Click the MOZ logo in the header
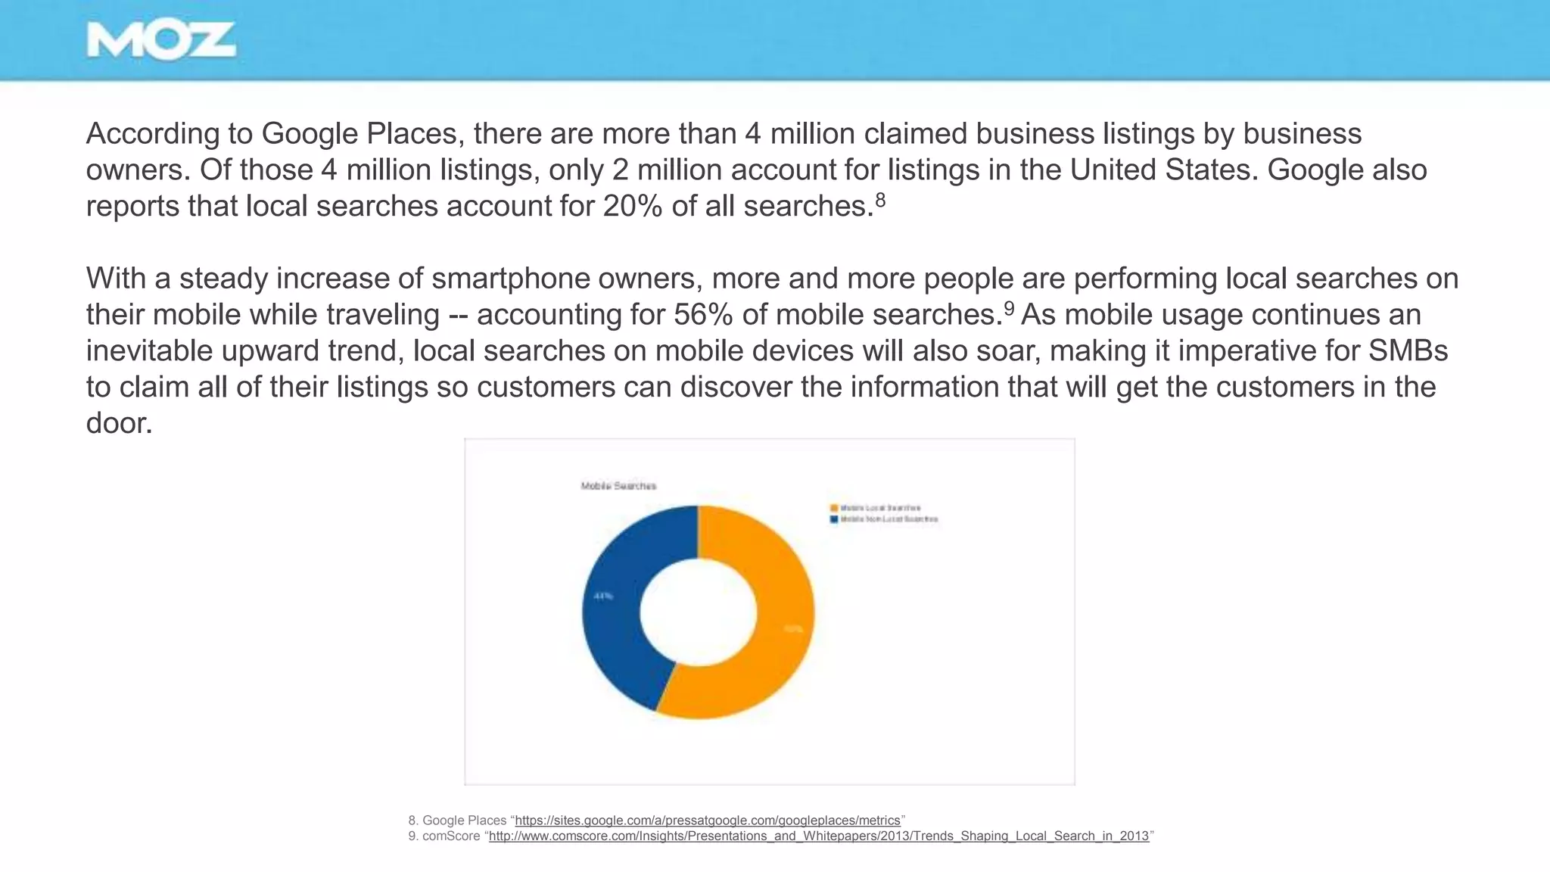pyautogui.click(x=160, y=40)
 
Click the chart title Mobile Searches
pyautogui.click(x=618, y=486)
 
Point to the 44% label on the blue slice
pyautogui.click(x=603, y=596)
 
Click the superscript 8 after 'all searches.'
pyautogui.click(x=880, y=200)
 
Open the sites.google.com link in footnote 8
pyautogui.click(x=707, y=821)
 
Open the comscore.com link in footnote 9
pyautogui.click(x=818, y=836)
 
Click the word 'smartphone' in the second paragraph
pyautogui.click(x=511, y=279)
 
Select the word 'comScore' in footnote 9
pyautogui.click(x=451, y=836)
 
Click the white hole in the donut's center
pyautogui.click(x=698, y=612)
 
